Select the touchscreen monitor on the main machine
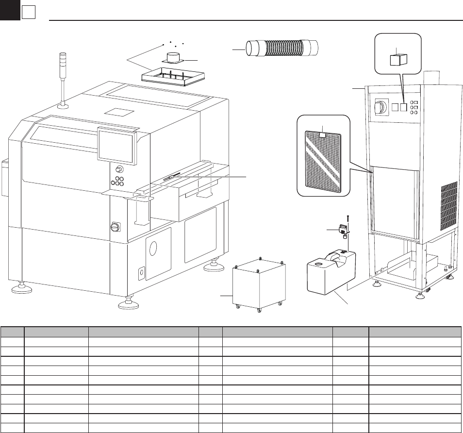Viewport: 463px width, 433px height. (x=116, y=145)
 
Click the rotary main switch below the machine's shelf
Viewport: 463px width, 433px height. (x=115, y=226)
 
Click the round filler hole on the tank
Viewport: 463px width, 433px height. (x=318, y=264)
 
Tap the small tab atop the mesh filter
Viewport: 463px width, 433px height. (x=324, y=130)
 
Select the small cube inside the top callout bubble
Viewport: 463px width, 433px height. (x=398, y=59)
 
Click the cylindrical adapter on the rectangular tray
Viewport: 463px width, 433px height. (x=174, y=58)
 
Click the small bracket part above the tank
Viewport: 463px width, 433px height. (x=342, y=228)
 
